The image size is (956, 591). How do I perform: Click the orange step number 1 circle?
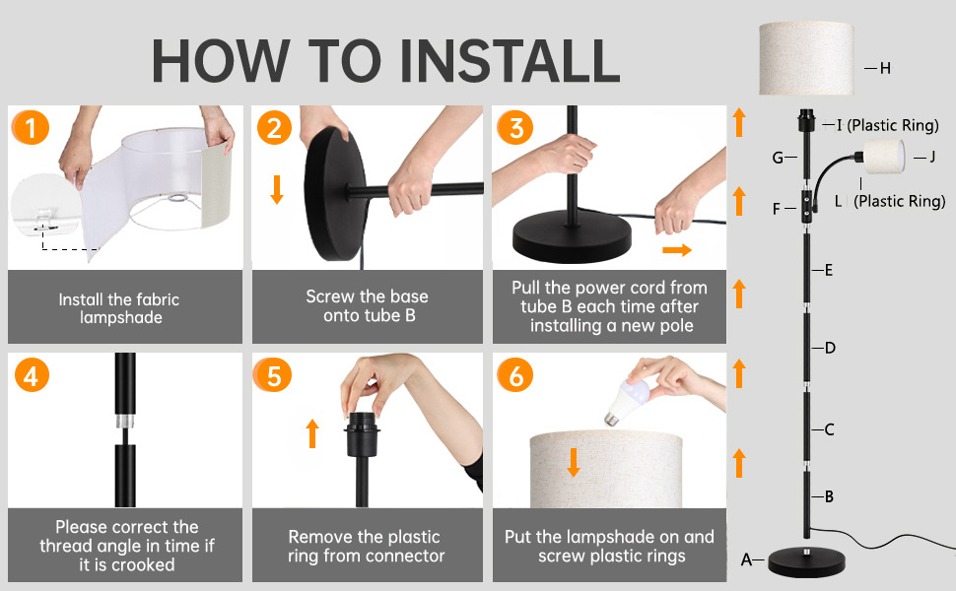(x=30, y=127)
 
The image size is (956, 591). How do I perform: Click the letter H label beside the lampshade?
(x=885, y=68)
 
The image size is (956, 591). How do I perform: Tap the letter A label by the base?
(x=746, y=559)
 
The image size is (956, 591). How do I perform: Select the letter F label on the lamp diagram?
(x=777, y=209)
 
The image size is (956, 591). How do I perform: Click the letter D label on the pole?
(x=830, y=348)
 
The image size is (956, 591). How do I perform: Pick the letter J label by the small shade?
(x=931, y=158)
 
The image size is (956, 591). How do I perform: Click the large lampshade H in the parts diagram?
(x=806, y=58)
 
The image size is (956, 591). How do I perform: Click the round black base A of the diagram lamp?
(x=807, y=561)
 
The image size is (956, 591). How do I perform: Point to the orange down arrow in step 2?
(x=277, y=189)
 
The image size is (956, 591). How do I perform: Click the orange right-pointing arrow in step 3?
(x=677, y=250)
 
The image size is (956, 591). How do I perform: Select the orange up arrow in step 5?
(x=312, y=433)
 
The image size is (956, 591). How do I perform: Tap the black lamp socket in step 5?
(x=362, y=433)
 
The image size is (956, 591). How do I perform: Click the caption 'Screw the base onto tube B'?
(x=368, y=306)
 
